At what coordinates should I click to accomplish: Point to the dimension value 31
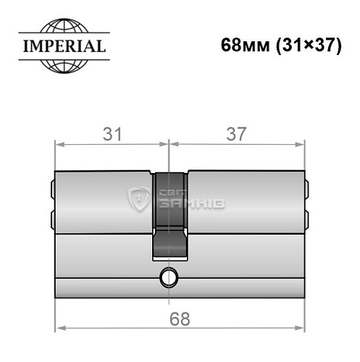111,134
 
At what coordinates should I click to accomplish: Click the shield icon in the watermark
137,198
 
